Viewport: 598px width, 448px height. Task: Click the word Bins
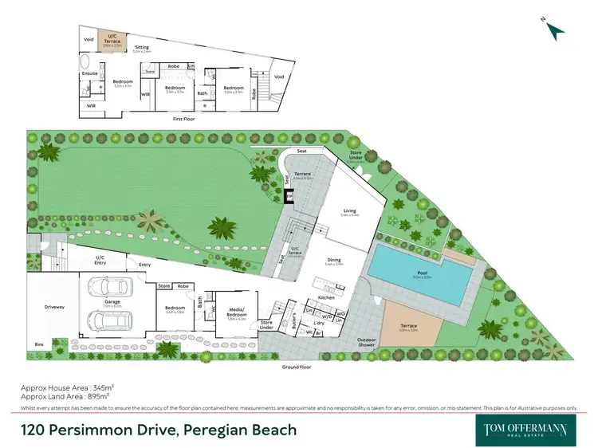(x=40, y=344)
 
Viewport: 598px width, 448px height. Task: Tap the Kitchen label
(x=327, y=297)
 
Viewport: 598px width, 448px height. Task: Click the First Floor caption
(x=184, y=118)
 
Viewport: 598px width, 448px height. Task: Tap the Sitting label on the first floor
(x=141, y=48)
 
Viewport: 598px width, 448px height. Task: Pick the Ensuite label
(x=89, y=73)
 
